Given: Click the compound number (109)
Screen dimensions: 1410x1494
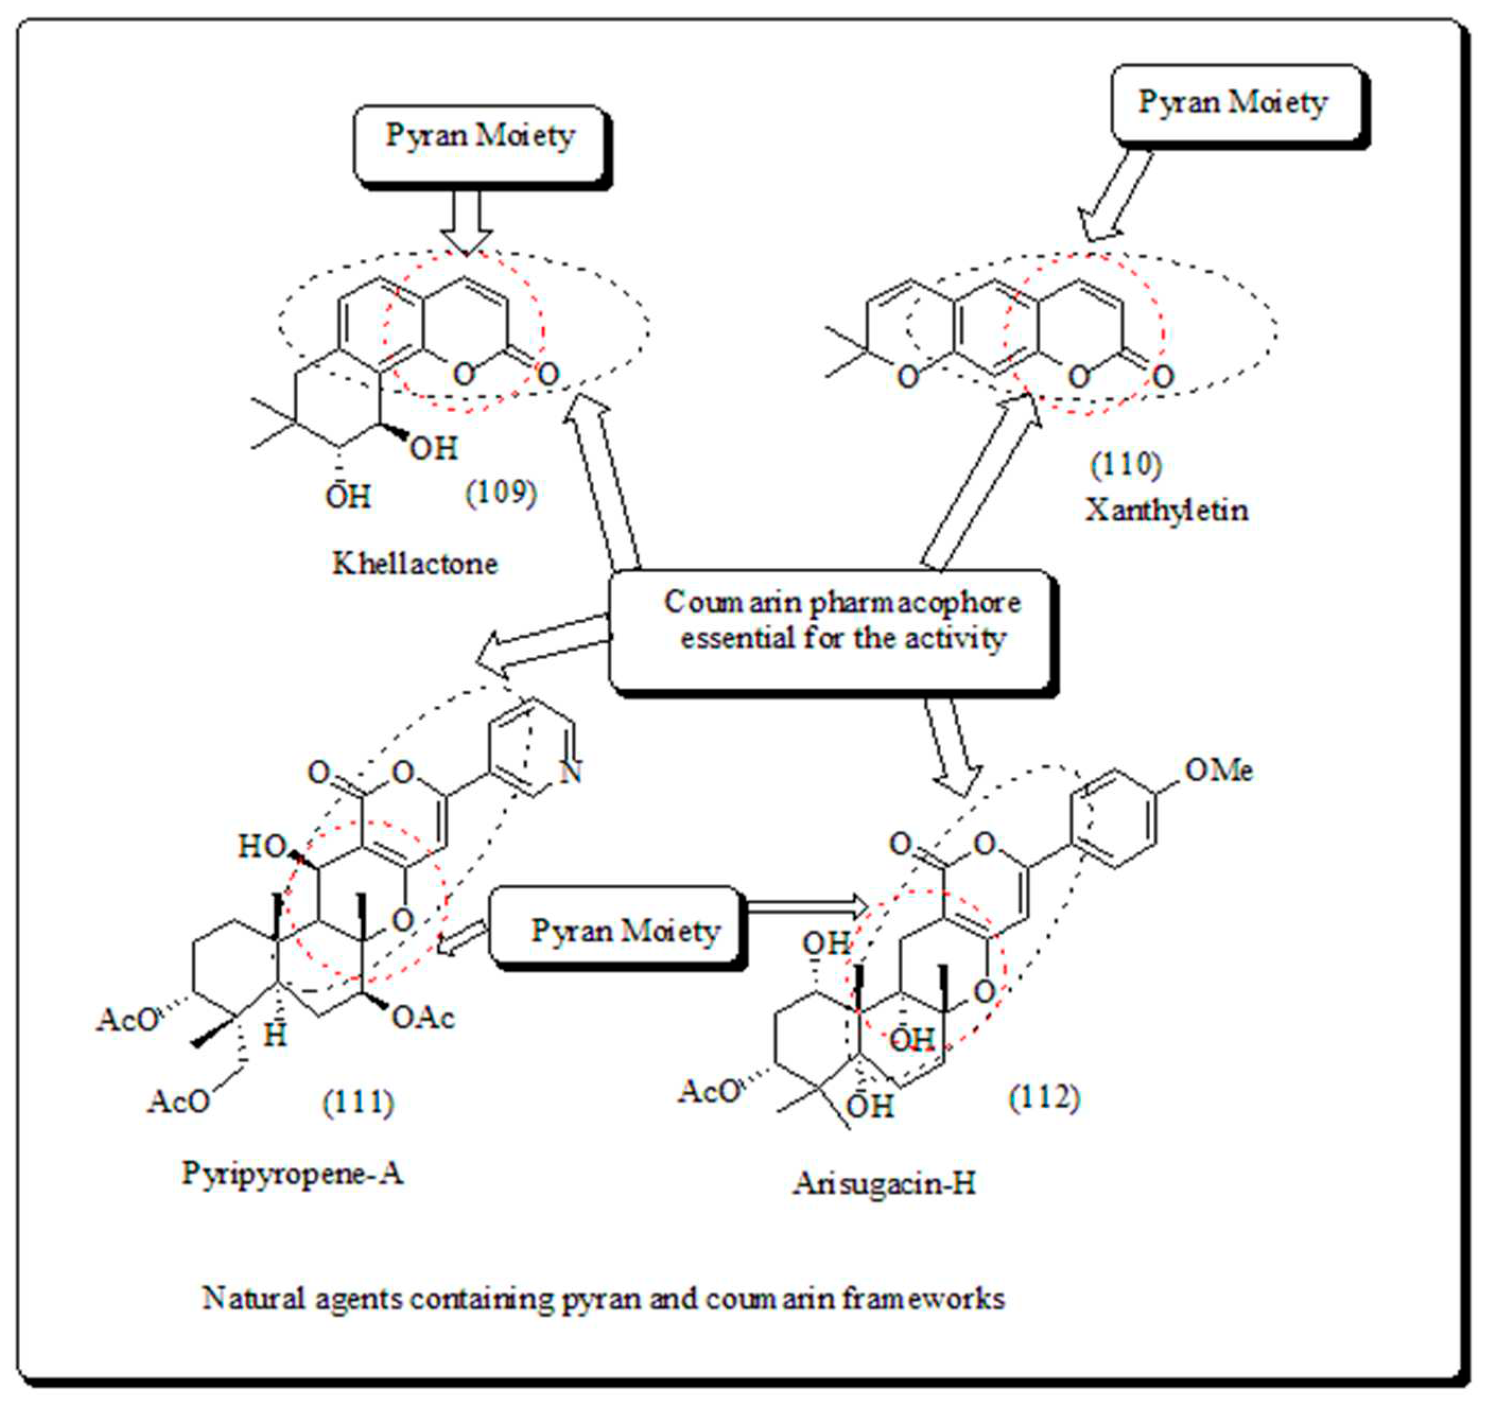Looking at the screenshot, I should pos(501,494).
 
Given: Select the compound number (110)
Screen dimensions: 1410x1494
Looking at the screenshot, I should pos(1126,465).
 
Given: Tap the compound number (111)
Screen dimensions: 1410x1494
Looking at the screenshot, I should pos(358,1102).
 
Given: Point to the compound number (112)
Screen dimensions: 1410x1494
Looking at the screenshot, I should pos(1044,1097).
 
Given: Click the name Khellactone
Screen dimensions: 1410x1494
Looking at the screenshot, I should pos(415,564).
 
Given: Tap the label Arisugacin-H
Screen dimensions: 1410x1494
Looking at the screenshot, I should pos(884,1184).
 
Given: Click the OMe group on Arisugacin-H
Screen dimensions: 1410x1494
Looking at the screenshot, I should pos(1219,770).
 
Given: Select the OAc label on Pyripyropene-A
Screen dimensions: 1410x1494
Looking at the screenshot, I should pos(423,1018).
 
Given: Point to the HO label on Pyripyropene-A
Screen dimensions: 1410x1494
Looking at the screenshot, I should pos(261,847).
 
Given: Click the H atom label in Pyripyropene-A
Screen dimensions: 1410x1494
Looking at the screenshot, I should pos(275,1036).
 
